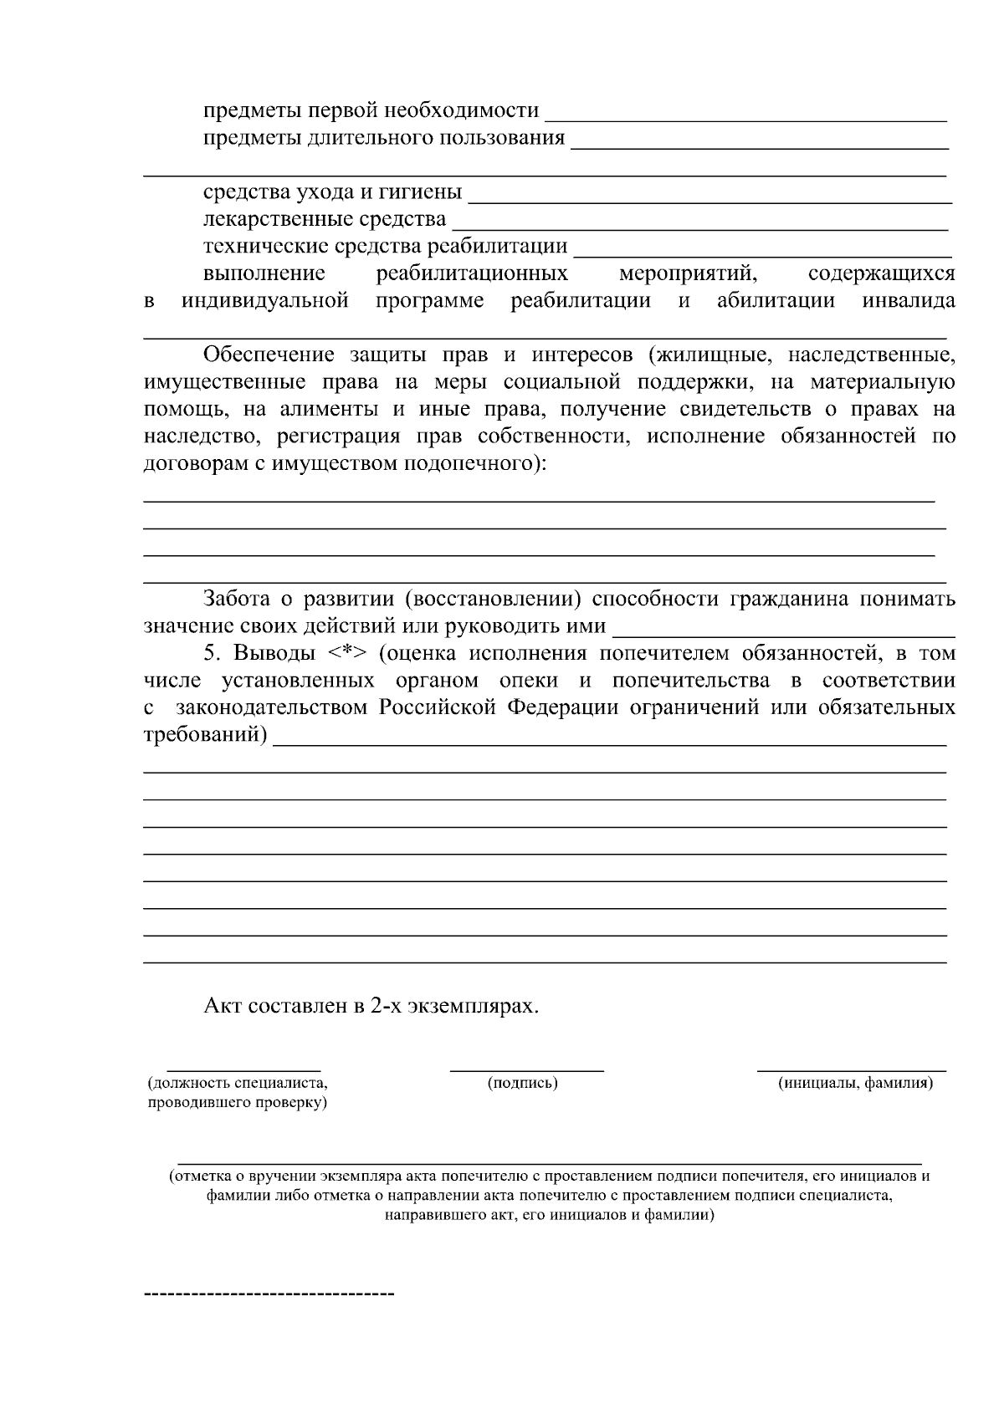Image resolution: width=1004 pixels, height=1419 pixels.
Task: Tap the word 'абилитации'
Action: click(776, 301)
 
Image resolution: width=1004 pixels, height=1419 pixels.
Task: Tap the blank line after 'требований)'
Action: click(611, 743)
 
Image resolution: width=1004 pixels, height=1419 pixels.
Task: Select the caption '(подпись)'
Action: click(522, 1084)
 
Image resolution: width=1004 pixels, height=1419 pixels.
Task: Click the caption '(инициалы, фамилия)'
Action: click(854, 1084)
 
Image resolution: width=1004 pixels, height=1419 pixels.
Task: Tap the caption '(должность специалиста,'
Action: click(238, 1084)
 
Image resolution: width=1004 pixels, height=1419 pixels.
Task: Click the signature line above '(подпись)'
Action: click(526, 1069)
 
